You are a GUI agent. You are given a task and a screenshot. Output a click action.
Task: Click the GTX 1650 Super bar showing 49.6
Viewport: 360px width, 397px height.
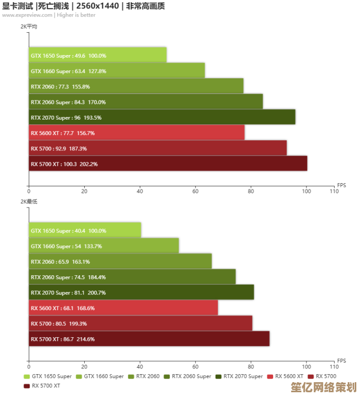click(x=97, y=55)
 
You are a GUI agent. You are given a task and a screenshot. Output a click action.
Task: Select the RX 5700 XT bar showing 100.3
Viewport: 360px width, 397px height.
click(x=168, y=164)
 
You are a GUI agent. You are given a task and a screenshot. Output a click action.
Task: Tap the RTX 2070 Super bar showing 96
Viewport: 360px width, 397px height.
click(x=162, y=117)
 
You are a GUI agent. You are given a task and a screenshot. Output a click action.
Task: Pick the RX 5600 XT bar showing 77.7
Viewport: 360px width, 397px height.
click(x=137, y=133)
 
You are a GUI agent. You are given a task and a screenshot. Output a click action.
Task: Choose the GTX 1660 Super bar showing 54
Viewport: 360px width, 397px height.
click(x=104, y=246)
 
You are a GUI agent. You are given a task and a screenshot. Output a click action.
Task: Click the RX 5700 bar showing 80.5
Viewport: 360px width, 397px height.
click(x=140, y=323)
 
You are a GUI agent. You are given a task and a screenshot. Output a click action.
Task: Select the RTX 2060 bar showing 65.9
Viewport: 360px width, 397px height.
click(x=120, y=261)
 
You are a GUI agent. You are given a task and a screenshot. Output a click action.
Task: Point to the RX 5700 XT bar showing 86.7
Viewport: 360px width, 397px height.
click(x=149, y=339)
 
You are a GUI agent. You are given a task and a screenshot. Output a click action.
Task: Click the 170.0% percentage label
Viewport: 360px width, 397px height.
click(x=97, y=102)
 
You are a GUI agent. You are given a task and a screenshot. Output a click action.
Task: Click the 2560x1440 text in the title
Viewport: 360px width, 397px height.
click(x=97, y=6)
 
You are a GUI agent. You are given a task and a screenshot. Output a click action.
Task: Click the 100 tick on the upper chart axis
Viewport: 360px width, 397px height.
click(x=306, y=191)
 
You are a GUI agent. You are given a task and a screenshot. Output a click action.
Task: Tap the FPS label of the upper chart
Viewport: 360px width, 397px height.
click(x=341, y=185)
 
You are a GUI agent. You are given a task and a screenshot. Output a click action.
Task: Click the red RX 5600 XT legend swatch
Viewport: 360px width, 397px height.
click(x=270, y=376)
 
